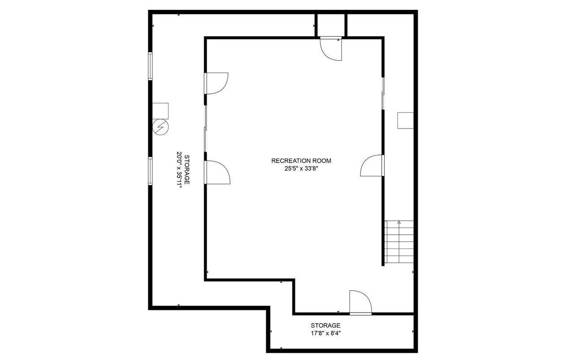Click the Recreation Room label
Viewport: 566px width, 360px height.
point(301,161)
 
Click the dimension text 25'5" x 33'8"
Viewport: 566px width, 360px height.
point(301,169)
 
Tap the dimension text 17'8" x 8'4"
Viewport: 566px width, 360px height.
point(326,333)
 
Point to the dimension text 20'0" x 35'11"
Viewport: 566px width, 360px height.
point(179,170)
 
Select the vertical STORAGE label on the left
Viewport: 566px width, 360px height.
point(187,169)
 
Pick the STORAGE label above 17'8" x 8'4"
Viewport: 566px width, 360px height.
point(325,326)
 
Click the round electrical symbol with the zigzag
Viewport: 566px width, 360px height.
point(160,127)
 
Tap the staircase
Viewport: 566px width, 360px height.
point(399,242)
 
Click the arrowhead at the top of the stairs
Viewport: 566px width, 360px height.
point(399,223)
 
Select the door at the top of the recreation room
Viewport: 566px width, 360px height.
point(331,49)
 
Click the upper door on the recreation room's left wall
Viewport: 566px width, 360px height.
point(216,84)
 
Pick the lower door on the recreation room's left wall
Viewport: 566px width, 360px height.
point(217,172)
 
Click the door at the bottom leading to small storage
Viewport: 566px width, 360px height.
point(361,302)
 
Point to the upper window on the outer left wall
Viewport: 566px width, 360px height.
point(150,66)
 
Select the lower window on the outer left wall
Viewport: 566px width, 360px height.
point(150,171)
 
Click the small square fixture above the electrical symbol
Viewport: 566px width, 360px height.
point(160,111)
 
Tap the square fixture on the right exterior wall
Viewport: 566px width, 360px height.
point(406,120)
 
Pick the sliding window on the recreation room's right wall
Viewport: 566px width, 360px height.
point(383,94)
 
